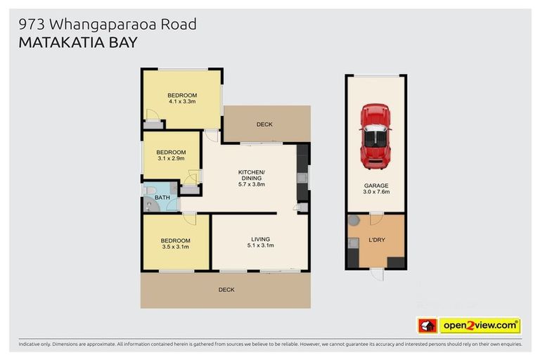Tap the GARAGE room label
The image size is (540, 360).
[x=375, y=185]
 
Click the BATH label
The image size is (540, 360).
[x=162, y=198]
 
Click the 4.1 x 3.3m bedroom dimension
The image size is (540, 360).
[x=181, y=102]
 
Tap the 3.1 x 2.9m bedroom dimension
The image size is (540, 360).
[x=171, y=159]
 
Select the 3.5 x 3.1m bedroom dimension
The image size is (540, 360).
[x=176, y=247]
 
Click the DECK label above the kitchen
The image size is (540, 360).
[x=264, y=124]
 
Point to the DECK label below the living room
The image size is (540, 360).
[x=226, y=290]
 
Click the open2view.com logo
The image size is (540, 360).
[x=480, y=326]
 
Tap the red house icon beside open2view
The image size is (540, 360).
[x=427, y=326]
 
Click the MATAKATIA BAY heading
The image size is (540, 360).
[x=77, y=41]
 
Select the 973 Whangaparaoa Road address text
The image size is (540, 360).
[x=107, y=24]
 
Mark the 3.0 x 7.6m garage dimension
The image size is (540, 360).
[x=375, y=192]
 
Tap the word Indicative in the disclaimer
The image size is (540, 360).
[x=31, y=345]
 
